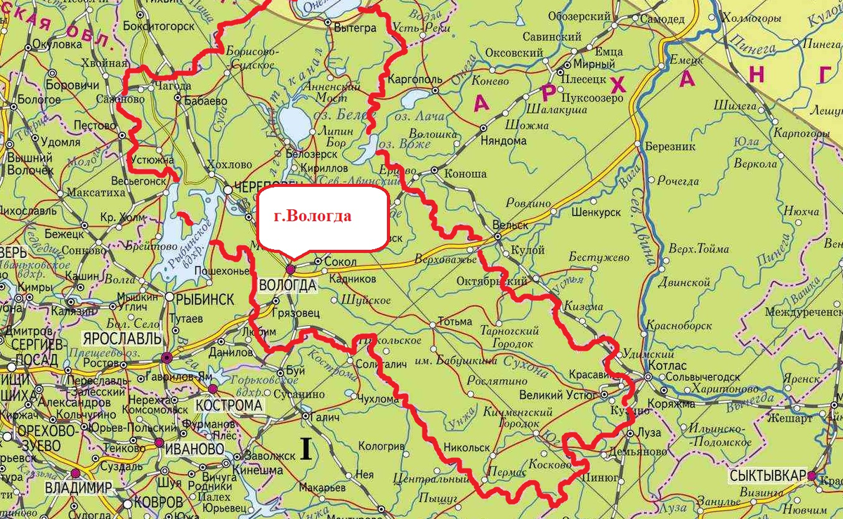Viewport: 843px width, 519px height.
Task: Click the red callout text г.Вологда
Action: [313, 216]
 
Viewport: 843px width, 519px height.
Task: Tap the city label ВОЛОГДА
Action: [288, 285]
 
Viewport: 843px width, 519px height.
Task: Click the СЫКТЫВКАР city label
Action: [768, 475]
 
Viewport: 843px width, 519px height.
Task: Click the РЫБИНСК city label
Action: [206, 298]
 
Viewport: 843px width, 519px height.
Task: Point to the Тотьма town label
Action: [455, 322]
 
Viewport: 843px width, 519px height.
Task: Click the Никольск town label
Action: [466, 446]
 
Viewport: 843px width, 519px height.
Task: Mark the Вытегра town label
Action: [355, 29]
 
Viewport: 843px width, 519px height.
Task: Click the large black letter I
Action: [306, 448]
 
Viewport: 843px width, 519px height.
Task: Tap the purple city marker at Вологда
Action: [289, 269]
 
